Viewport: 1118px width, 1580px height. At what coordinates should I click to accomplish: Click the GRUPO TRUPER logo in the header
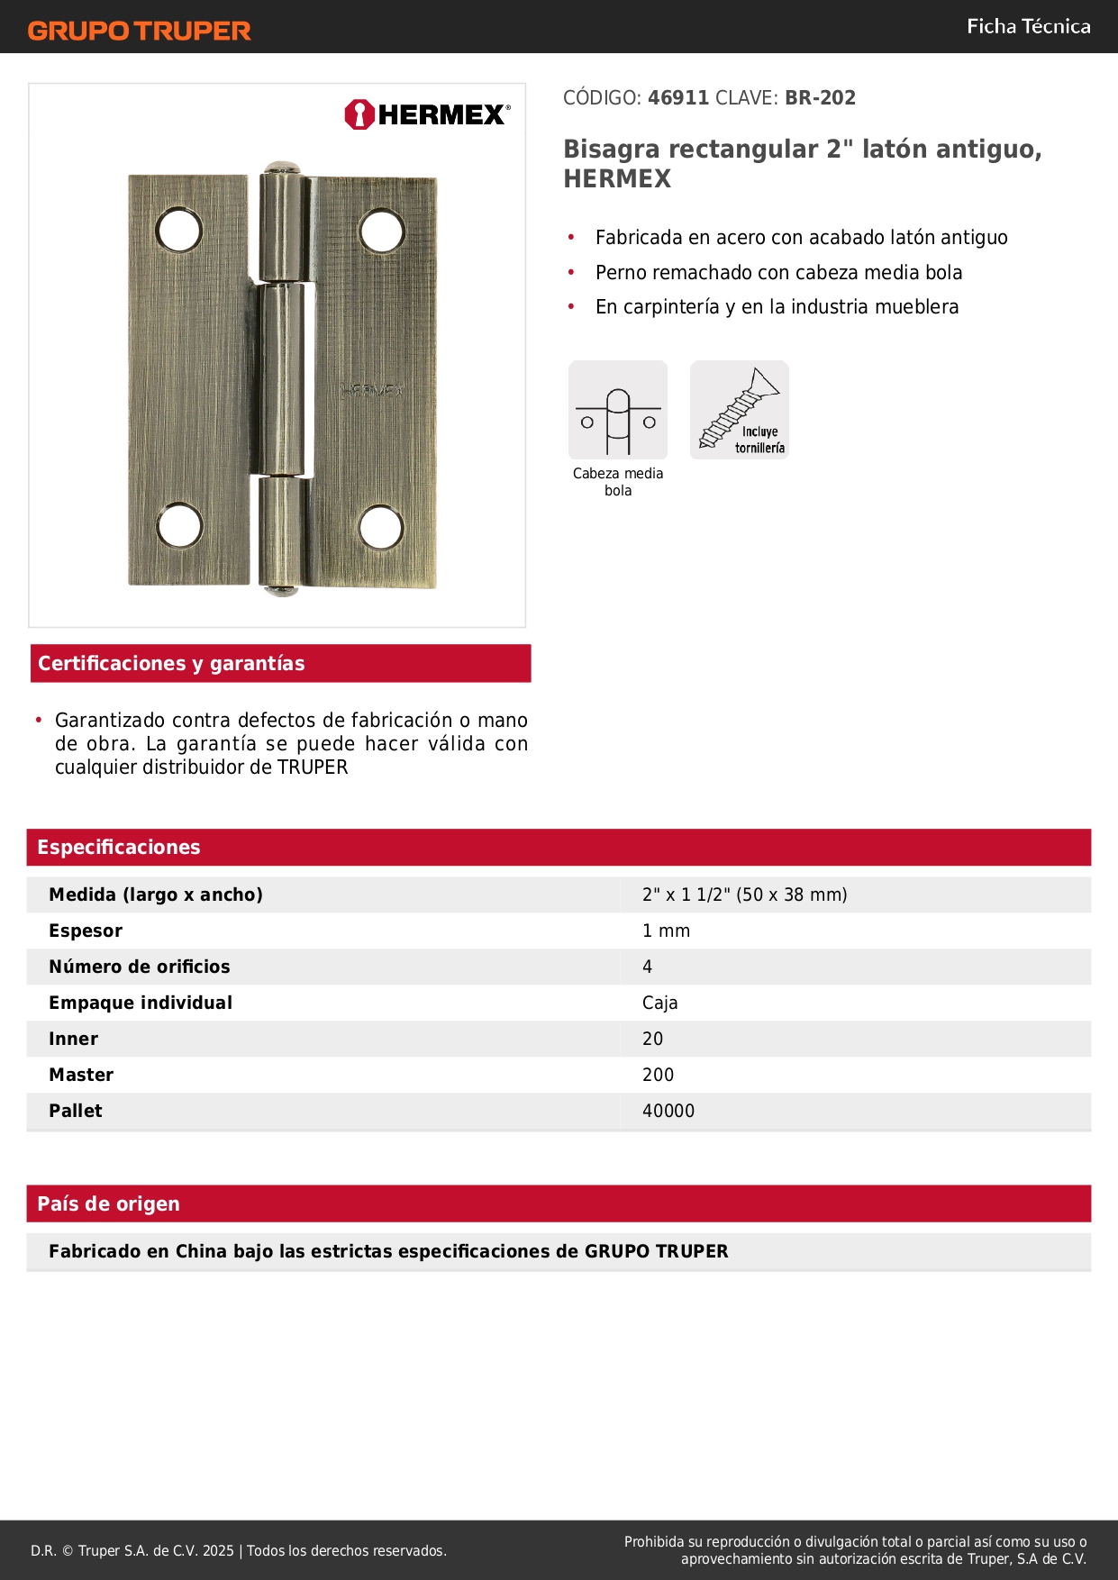(140, 31)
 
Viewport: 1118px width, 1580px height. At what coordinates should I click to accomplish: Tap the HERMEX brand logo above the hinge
(427, 114)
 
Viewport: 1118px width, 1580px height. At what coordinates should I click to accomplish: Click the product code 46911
(678, 98)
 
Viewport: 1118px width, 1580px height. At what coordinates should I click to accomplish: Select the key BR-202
(820, 98)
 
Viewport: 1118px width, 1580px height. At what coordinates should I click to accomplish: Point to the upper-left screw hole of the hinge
(178, 231)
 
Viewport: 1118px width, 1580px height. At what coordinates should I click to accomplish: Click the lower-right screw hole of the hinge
(381, 528)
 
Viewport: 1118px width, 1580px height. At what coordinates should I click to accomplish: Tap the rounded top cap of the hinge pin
(281, 168)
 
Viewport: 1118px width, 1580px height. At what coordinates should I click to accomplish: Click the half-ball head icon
(618, 411)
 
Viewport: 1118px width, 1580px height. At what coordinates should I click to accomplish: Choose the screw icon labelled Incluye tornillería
(740, 411)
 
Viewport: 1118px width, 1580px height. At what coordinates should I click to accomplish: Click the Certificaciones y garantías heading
(172, 664)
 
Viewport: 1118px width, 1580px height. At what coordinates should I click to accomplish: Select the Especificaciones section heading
(119, 848)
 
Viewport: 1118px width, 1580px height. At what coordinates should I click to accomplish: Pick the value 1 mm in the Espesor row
(666, 931)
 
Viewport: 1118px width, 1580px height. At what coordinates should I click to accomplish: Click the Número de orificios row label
(140, 967)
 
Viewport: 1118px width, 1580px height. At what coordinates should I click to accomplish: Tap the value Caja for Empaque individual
(659, 1003)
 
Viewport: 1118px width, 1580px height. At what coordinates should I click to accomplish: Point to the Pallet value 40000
(668, 1112)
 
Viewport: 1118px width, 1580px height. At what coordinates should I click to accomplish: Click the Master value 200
(658, 1076)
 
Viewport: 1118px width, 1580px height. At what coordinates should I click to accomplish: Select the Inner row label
(74, 1040)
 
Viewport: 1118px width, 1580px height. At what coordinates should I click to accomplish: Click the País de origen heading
(109, 1204)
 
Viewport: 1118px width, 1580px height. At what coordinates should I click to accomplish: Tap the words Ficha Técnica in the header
(1028, 27)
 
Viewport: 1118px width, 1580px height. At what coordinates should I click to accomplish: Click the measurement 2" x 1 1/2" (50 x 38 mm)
(744, 895)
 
